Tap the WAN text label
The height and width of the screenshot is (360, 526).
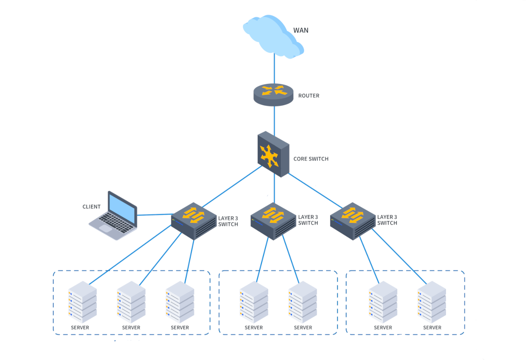point(301,30)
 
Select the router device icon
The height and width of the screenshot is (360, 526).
point(274,95)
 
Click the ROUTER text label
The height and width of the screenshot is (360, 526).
point(309,96)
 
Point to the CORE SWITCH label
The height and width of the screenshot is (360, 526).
point(311,159)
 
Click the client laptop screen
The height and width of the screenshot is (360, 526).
point(122,208)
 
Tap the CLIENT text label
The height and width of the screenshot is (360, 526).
point(92,207)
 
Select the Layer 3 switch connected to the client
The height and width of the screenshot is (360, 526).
point(194,221)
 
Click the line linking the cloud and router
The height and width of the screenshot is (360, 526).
point(274,69)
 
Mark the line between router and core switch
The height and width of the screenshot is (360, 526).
point(274,119)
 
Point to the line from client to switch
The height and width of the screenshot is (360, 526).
point(154,214)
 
